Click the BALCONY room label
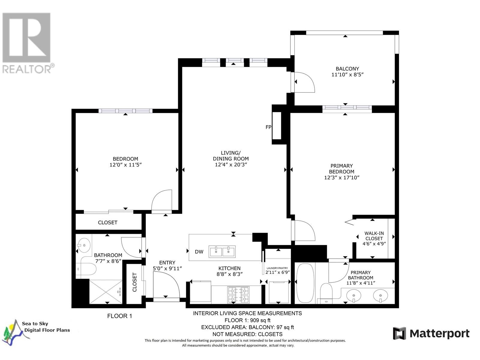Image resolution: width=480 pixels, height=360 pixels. tap(347, 69)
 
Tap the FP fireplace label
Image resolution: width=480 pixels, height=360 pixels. tap(268, 127)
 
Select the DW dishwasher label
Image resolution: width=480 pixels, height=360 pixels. tap(199, 252)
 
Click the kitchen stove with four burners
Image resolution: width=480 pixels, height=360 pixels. tap(238, 295)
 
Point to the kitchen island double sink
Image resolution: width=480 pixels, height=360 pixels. tap(222, 252)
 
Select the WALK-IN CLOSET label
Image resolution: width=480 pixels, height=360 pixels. tap(374, 236)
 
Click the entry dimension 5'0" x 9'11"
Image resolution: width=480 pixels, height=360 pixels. tap(167, 268)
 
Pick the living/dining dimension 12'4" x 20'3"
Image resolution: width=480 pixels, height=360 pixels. tap(231, 165)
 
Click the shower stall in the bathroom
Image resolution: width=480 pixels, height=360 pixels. tap(106, 292)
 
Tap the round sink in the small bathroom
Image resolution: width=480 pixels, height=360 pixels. tap(84, 245)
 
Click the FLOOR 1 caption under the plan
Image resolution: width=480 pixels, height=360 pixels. tap(120, 316)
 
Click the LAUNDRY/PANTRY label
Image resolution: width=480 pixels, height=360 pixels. tap(277, 268)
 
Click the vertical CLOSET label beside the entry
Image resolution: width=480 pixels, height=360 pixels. tap(134, 282)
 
